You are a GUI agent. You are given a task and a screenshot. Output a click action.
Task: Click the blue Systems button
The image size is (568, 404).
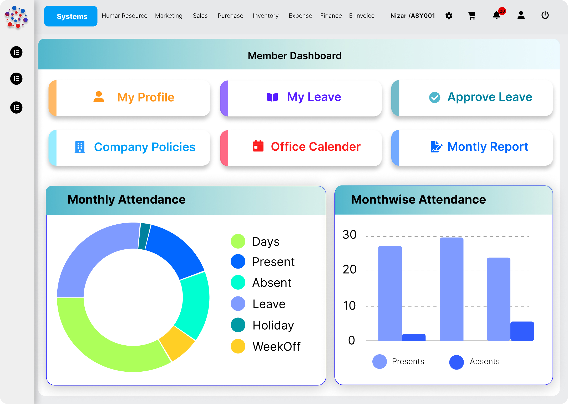coord(70,16)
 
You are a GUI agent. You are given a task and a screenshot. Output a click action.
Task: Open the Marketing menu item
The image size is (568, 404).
coord(169,16)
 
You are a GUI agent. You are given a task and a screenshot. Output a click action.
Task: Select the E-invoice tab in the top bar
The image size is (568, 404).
coord(362,16)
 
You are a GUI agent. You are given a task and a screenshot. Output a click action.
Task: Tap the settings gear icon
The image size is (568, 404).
coord(449,16)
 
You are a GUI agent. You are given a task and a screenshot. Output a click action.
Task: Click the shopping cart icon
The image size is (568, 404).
coord(472,16)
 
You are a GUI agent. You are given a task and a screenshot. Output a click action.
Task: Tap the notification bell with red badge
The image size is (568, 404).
coord(496,15)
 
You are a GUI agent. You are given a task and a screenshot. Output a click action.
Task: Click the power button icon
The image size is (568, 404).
coord(545,15)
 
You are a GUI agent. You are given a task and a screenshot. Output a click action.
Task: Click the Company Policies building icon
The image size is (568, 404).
coord(80,147)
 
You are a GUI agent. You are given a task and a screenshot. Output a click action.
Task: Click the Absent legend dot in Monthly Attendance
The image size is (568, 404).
coord(238,282)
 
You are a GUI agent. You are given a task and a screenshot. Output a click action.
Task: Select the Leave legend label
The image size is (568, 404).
coord(269,304)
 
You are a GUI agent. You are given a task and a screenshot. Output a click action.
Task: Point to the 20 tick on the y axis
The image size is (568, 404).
coord(349,270)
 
